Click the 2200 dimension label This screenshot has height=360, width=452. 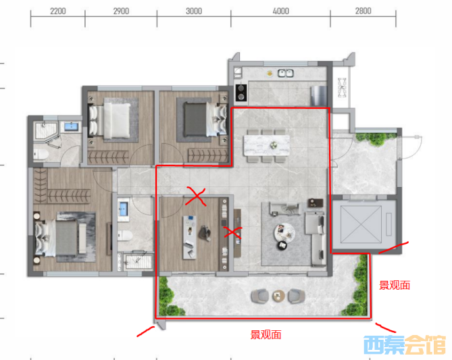coord(58,11)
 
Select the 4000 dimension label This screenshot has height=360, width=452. coord(281,11)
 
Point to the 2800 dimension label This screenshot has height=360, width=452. coord(363,11)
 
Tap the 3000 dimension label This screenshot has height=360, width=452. coord(194,11)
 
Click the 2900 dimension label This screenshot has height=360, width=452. coord(121,11)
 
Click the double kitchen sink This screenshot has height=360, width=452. coord(285,74)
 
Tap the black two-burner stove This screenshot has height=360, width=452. coord(241,93)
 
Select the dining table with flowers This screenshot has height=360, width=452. coord(267,145)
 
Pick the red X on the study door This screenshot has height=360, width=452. coord(196,197)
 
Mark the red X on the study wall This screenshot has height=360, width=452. coord(233,232)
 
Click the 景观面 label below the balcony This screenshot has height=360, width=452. coord(266,335)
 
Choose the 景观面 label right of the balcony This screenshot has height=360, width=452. coord(395,285)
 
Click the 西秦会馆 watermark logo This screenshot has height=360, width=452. coord(405,344)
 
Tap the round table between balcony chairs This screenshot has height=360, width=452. coord(278,296)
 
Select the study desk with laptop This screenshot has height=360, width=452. coord(190,237)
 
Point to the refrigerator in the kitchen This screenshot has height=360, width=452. coord(318,95)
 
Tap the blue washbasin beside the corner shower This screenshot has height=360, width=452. coord(71,126)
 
